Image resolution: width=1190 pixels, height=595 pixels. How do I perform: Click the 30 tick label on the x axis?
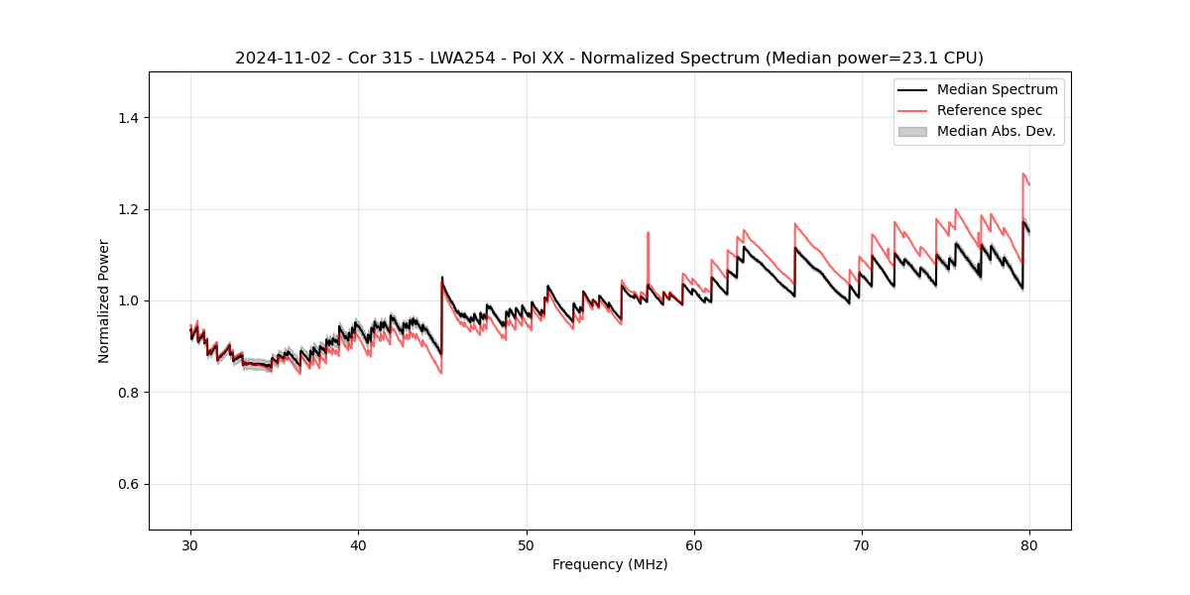point(191,545)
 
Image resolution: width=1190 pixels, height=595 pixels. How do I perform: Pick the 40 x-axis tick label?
point(359,545)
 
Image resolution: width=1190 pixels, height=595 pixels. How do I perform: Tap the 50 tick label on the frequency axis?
point(527,545)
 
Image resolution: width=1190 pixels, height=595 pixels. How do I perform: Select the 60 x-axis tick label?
point(694,545)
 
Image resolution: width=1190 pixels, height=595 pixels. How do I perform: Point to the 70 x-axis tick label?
point(862,545)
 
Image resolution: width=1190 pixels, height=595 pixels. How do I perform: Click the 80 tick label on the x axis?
point(1029,545)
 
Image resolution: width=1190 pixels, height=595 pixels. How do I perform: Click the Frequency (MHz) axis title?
point(610,564)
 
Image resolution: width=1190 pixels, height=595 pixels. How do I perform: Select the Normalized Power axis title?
point(104,300)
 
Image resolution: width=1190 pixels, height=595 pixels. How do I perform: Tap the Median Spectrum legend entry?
point(997,89)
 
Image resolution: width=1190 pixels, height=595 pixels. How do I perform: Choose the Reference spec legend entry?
point(989,110)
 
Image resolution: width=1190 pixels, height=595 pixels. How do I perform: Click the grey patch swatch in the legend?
point(912,131)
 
